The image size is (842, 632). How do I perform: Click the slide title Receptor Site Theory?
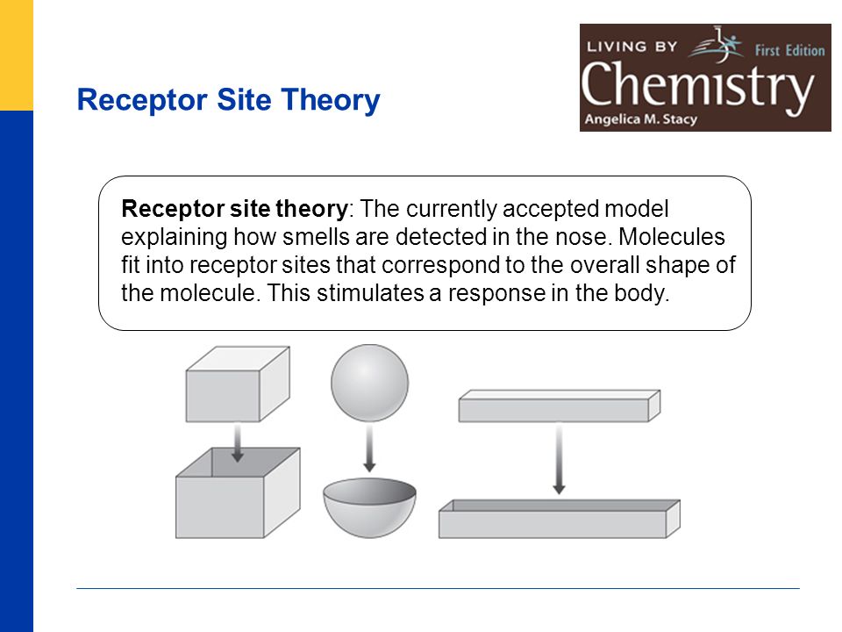(228, 100)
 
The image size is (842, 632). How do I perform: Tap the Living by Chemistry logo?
(705, 77)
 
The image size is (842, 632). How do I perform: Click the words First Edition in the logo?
(788, 51)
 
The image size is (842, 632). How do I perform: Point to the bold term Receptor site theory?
(235, 210)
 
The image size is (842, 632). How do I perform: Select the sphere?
(369, 384)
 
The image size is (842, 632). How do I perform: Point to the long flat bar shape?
(558, 406)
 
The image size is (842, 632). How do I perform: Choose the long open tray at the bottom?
(559, 521)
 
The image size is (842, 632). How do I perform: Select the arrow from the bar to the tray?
(559, 458)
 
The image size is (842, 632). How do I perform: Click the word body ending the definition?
(646, 293)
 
